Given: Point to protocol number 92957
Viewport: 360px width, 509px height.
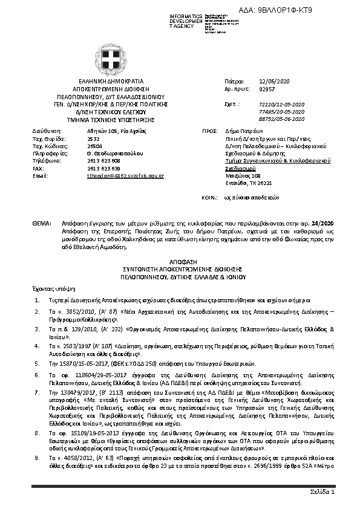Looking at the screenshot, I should [x=267, y=88].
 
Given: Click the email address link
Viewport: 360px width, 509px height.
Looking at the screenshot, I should [x=126, y=175].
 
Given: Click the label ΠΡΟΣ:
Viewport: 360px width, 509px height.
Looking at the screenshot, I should [x=209, y=131].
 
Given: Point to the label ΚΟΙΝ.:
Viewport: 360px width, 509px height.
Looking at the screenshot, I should [x=209, y=198].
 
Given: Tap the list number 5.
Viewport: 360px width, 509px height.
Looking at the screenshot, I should [x=38, y=364].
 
